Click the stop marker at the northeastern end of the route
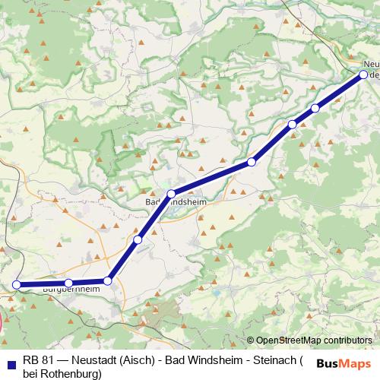coord(363,74)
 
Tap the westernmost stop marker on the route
coord(17,285)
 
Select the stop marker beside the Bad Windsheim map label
coord(172,194)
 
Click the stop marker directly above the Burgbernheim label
coord(68,283)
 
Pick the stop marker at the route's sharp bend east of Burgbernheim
coord(107,281)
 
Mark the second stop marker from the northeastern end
coord(315,108)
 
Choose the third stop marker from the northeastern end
coord(292,124)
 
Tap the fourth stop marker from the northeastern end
coord(252,162)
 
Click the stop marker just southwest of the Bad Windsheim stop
coord(138,240)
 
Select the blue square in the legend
coord(10,362)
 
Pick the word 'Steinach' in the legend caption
coord(273,361)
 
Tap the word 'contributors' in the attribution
coord(347,340)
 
